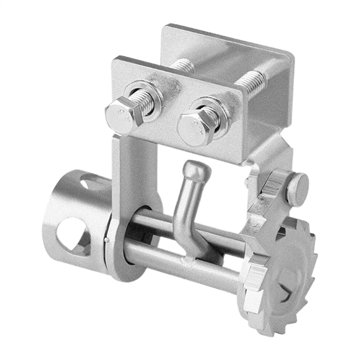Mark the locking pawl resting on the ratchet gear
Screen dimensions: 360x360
(267, 204)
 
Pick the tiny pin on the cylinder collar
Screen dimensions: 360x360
(105, 239)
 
